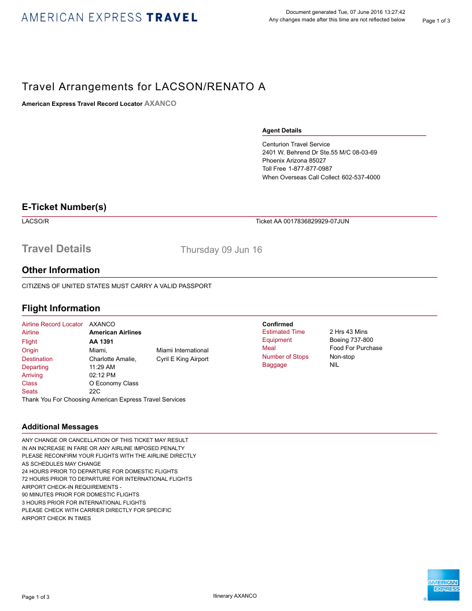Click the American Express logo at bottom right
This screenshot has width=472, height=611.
click(443, 585)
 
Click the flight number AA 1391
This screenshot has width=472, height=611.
click(101, 341)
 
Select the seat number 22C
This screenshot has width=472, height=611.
click(95, 392)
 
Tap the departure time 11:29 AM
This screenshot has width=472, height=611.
click(102, 367)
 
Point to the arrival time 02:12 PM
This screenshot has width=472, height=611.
click(102, 375)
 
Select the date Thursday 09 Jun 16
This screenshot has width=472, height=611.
click(221, 250)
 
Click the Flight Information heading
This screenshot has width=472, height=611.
click(61, 308)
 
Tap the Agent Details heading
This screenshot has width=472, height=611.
click(282, 131)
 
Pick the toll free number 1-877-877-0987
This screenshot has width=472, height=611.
click(310, 169)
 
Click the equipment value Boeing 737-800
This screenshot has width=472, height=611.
click(351, 340)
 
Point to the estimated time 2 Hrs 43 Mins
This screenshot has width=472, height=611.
click(348, 332)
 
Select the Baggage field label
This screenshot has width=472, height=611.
click(274, 365)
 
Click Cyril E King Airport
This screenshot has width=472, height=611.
click(182, 359)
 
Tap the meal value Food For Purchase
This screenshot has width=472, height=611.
click(356, 348)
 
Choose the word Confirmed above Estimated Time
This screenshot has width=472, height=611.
click(278, 324)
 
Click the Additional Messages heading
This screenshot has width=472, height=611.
click(60, 427)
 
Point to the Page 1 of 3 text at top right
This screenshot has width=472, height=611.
click(436, 21)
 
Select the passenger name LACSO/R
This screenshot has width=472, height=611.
click(35, 221)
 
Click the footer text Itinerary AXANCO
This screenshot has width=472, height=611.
click(235, 596)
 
